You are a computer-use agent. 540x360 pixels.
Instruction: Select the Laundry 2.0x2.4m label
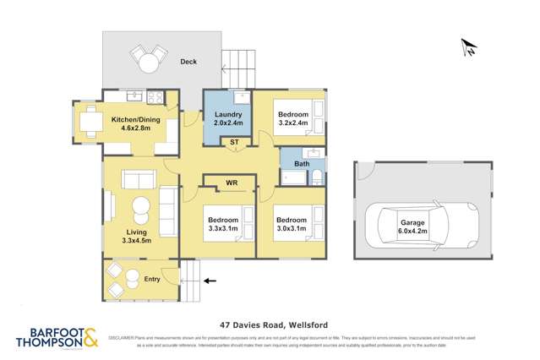(x=229, y=119)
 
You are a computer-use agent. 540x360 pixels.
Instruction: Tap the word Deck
(x=188, y=62)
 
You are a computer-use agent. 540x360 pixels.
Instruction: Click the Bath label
(x=302, y=163)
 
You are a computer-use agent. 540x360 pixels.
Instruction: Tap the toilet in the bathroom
(x=314, y=177)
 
